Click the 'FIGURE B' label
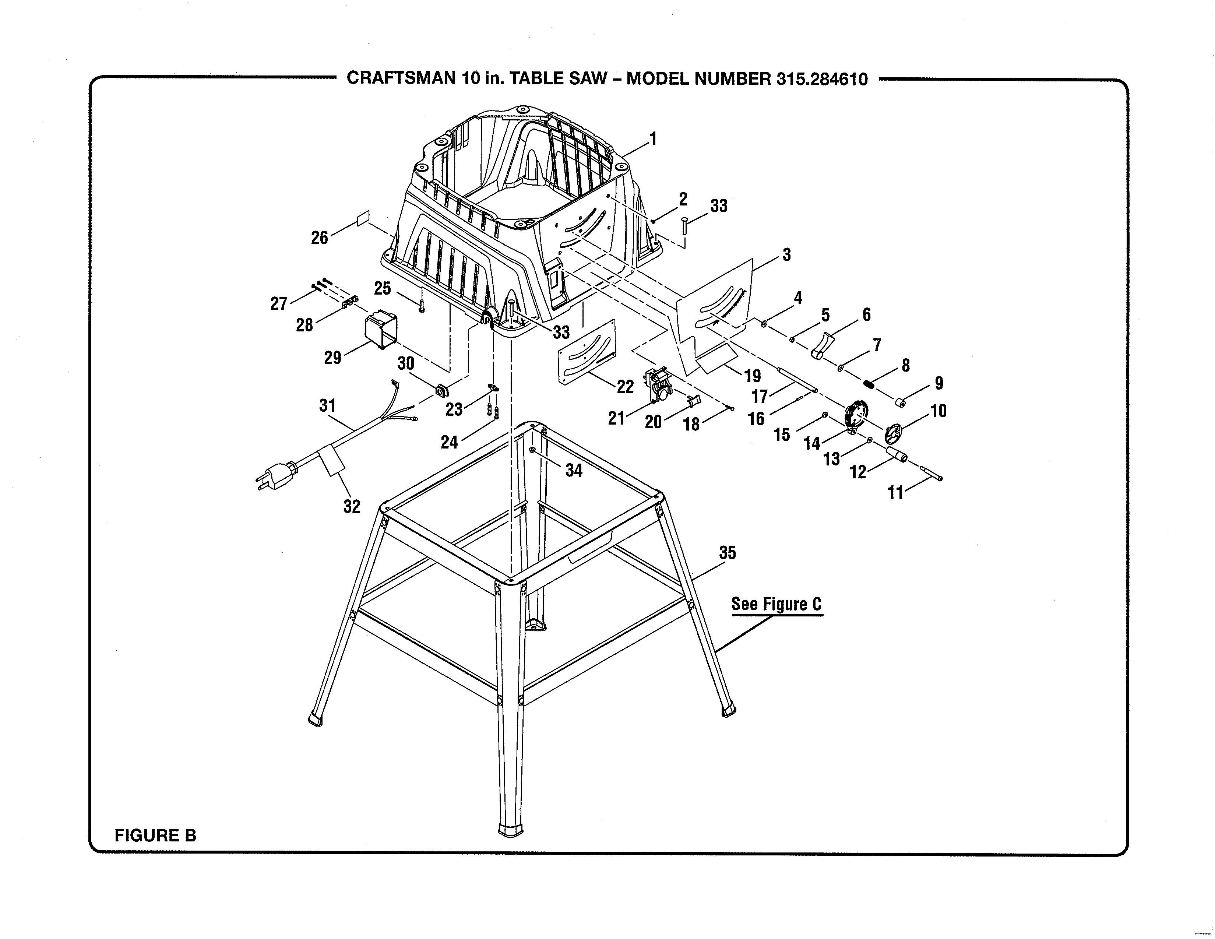point(155,835)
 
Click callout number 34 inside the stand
point(574,471)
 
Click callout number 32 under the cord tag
point(352,506)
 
